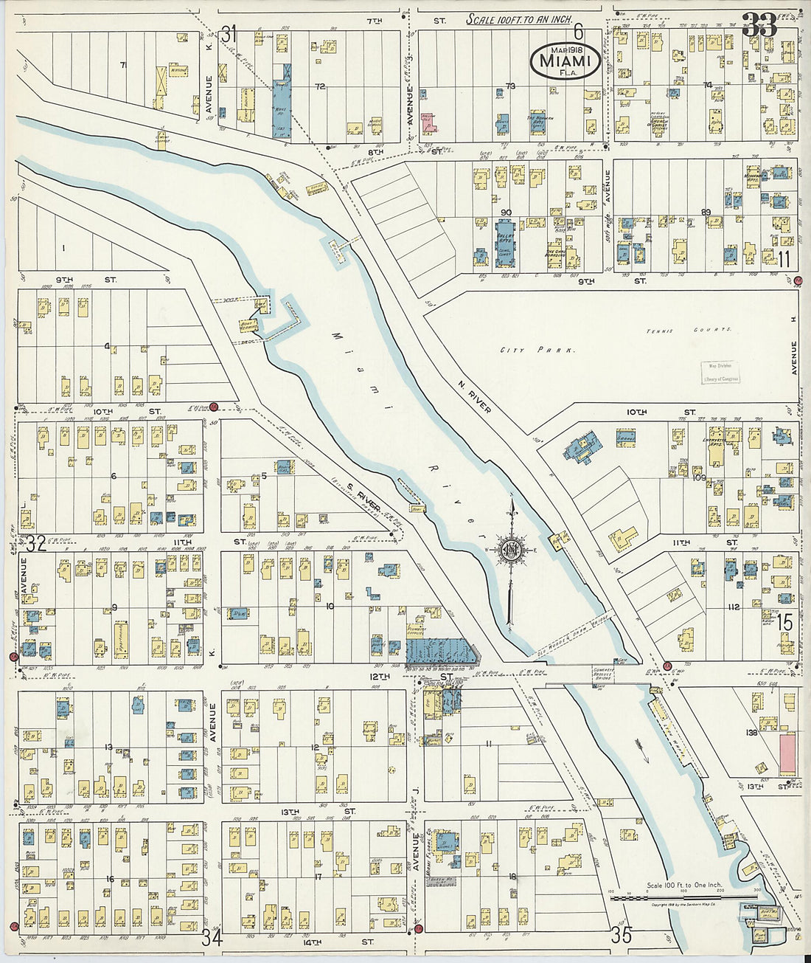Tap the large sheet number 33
click(x=759, y=27)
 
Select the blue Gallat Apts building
click(x=504, y=239)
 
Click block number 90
click(x=506, y=213)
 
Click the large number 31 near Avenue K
click(x=229, y=34)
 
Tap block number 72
click(x=320, y=86)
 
